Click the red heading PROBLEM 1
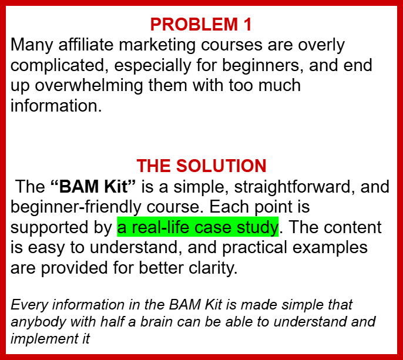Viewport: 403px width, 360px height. [201, 25]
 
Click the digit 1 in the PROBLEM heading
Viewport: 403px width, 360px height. [248, 25]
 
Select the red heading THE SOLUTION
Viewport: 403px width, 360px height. [201, 166]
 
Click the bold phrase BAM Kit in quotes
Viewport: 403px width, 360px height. [93, 186]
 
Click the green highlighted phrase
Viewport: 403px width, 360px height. [198, 227]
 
